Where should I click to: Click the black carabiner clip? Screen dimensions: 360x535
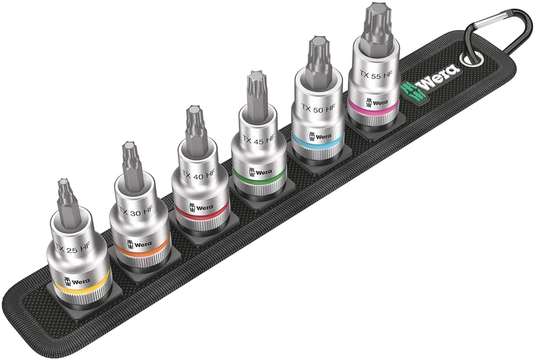[499, 37]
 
